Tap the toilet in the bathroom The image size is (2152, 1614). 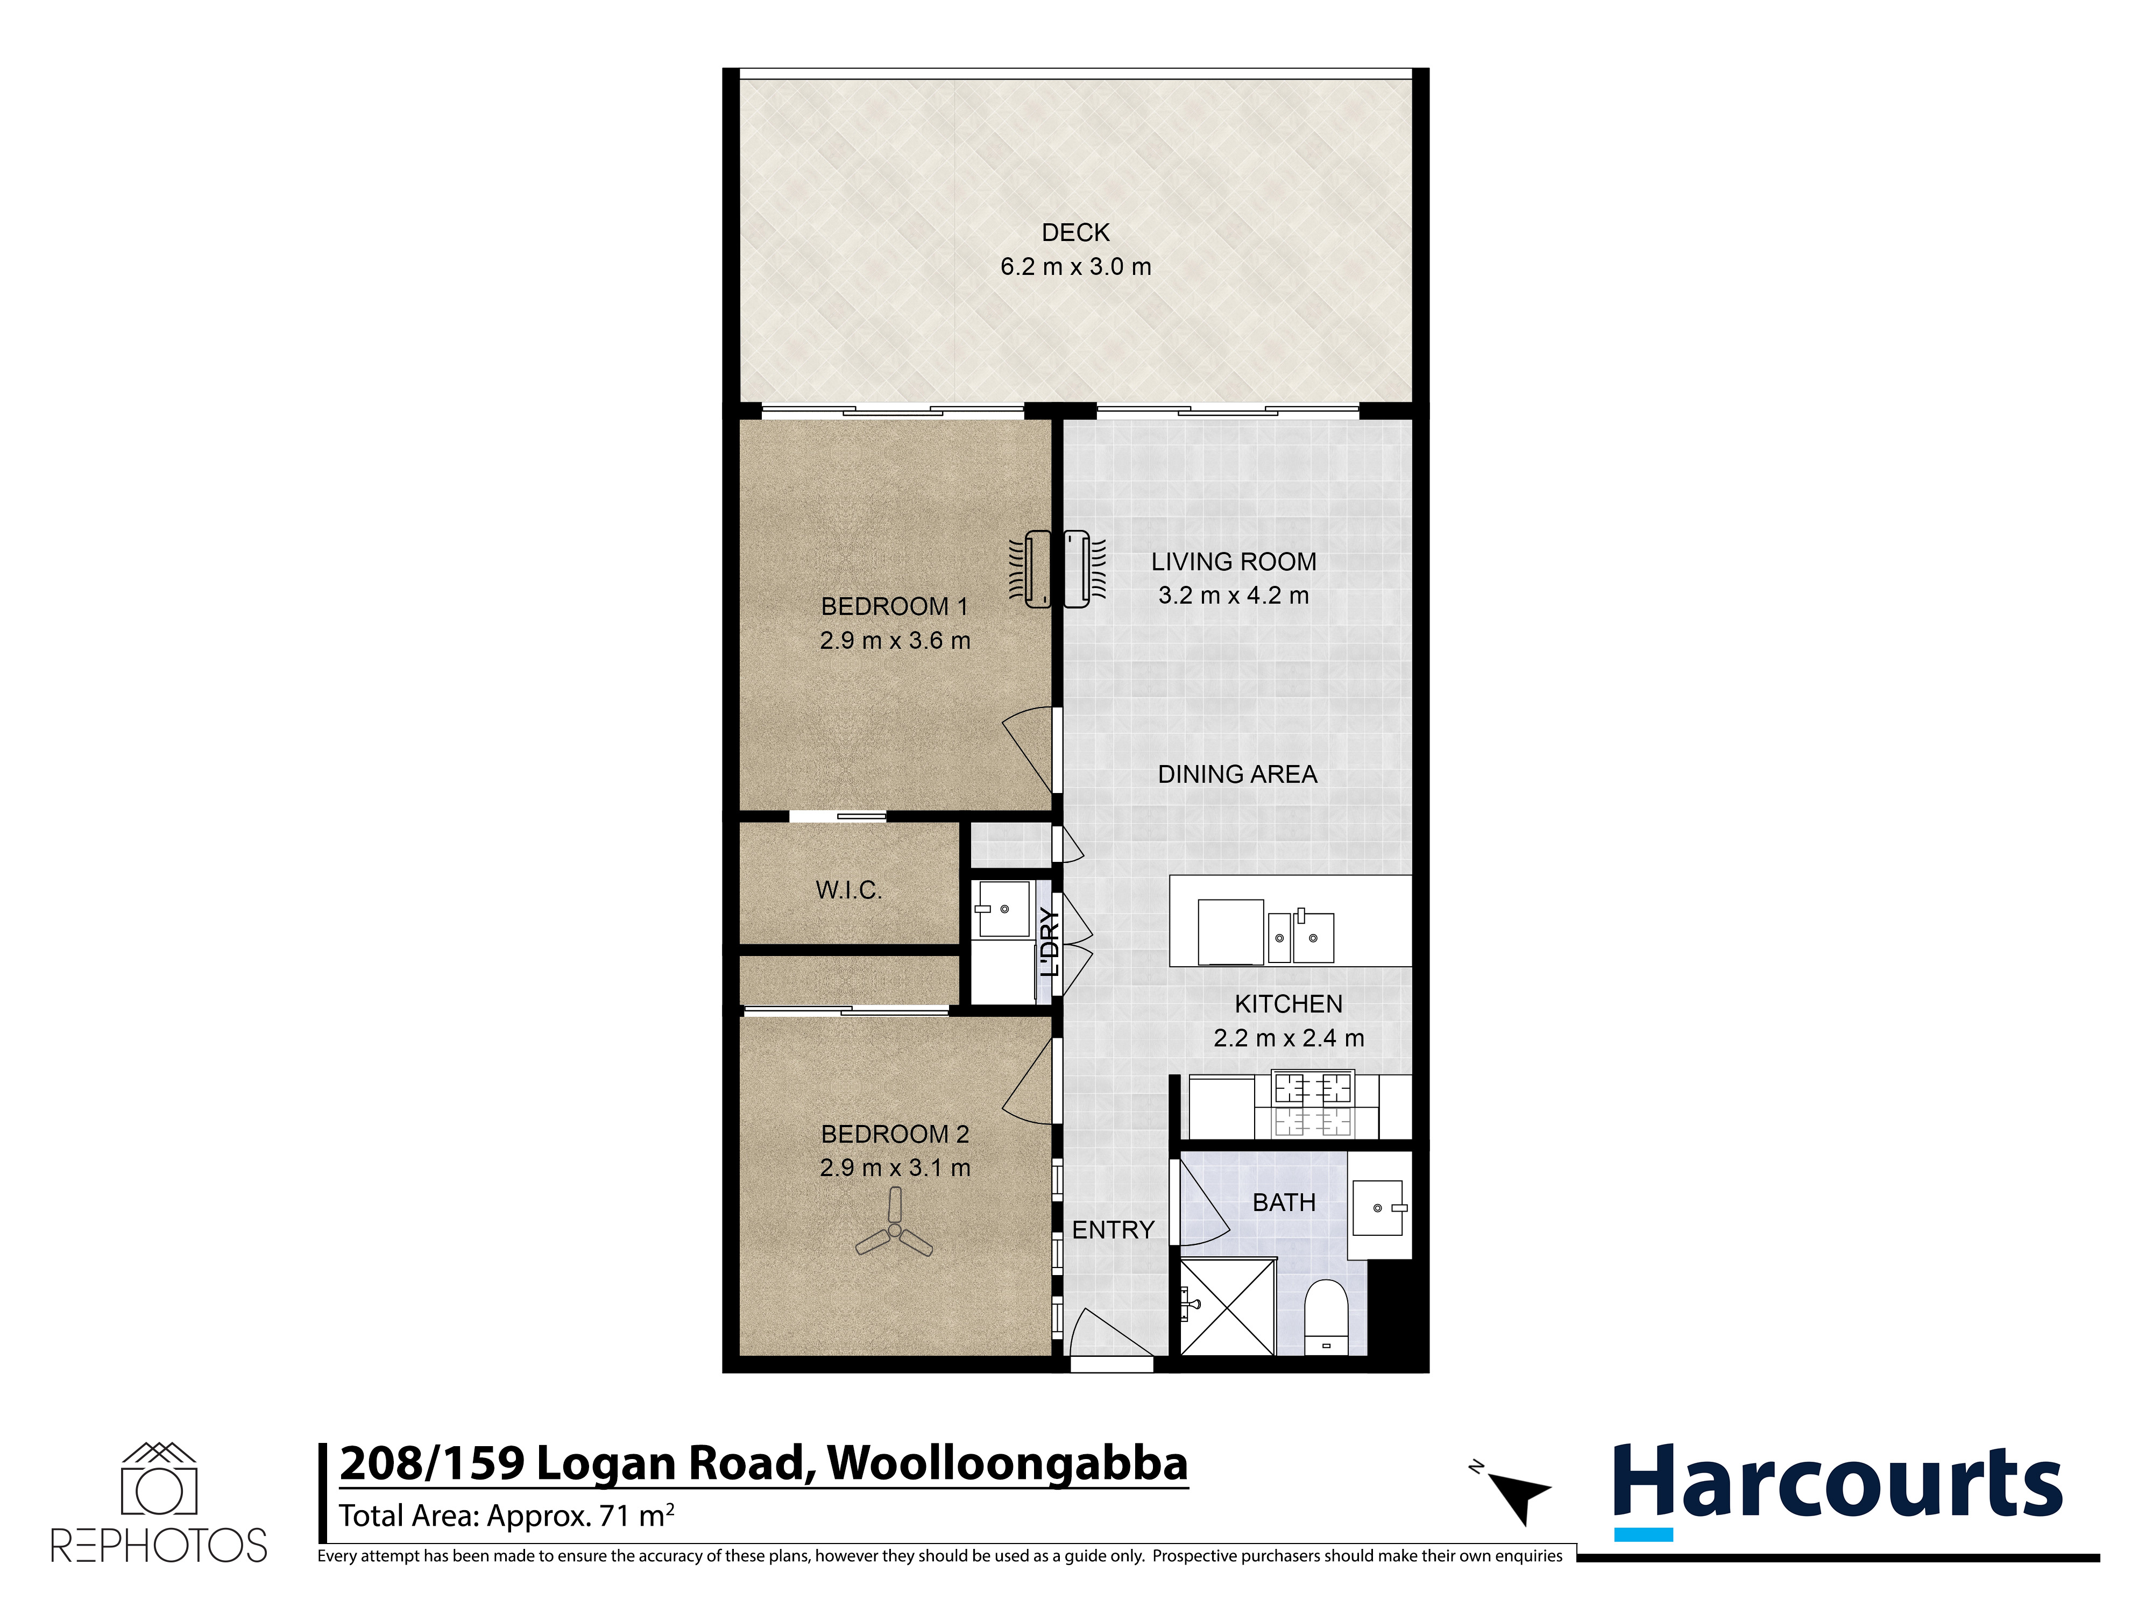coord(1325,1317)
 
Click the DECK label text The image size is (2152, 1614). coord(1075,232)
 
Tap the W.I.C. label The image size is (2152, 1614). coord(848,890)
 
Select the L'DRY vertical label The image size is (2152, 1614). coord(1049,942)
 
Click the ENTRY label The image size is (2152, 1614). coord(1113,1231)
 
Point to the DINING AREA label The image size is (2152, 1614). coord(1237,774)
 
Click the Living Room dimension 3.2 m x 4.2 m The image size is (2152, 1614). coord(1234,596)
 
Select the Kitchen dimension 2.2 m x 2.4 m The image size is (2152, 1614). coord(1289,1038)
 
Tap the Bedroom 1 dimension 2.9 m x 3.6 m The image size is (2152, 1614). coord(895,640)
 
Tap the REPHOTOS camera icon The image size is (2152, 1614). coord(159,1479)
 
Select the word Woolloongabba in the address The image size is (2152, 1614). coord(1008,1465)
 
